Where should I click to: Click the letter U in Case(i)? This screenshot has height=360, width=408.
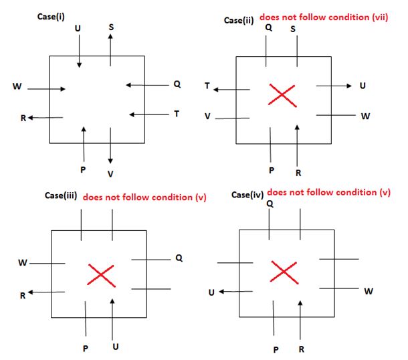[79, 28]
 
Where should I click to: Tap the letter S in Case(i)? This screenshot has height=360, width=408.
[110, 26]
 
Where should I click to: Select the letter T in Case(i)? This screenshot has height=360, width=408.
[176, 114]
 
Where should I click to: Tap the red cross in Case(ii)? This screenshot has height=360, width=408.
[282, 94]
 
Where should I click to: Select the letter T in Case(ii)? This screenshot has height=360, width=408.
[208, 86]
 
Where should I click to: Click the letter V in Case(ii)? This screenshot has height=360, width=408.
[209, 116]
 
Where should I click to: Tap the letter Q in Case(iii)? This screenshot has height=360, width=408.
[178, 257]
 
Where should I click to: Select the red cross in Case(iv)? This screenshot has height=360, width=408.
[284, 272]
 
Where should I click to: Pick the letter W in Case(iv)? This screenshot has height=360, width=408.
[369, 291]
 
